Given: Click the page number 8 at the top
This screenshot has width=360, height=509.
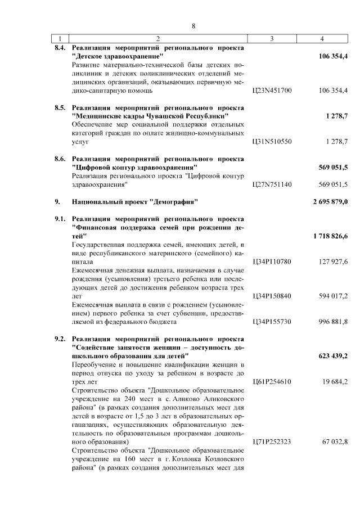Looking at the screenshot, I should pyautogui.click(x=193, y=26).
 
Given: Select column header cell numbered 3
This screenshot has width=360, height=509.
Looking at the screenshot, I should pyautogui.click(x=272, y=39).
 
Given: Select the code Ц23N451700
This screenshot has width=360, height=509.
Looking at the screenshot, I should pyautogui.click(x=272, y=90).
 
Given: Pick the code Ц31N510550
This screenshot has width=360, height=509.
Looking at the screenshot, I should pyautogui.click(x=272, y=142).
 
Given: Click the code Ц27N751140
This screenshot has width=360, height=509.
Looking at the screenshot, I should pyautogui.click(x=272, y=184).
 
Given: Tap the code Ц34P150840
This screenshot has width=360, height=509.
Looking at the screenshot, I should pyautogui.click(x=272, y=295).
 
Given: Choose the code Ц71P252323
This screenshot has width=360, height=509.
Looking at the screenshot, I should pyautogui.click(x=272, y=442).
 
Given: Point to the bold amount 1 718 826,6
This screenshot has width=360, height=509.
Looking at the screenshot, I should pyautogui.click(x=327, y=236).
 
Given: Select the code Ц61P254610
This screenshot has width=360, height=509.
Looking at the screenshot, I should pyautogui.click(x=272, y=381).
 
